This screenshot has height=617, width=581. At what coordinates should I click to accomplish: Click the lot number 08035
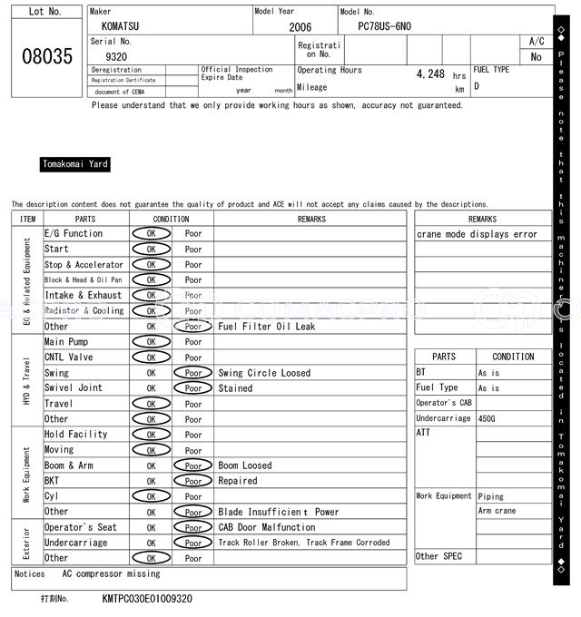46,56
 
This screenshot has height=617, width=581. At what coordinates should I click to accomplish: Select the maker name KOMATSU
123,27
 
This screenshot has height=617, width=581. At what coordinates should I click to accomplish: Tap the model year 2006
300,27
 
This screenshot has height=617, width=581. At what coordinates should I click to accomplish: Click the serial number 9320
116,56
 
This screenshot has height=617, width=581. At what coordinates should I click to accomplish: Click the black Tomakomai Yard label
75,164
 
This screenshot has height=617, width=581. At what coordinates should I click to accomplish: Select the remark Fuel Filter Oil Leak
267,327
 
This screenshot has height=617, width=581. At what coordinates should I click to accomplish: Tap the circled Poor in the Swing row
192,373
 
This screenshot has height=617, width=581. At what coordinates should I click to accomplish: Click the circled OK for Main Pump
151,342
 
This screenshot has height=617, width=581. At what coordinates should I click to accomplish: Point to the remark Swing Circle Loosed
264,373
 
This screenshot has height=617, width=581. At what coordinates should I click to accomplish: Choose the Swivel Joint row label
74,388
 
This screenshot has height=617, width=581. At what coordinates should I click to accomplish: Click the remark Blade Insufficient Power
279,512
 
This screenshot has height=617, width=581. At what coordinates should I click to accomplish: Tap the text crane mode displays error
477,234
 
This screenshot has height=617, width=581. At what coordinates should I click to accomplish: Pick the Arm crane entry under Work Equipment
497,512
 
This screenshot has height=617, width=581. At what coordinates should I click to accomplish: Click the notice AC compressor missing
111,574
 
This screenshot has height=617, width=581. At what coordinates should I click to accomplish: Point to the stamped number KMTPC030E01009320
147,600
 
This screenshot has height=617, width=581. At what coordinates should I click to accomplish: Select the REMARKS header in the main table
311,219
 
